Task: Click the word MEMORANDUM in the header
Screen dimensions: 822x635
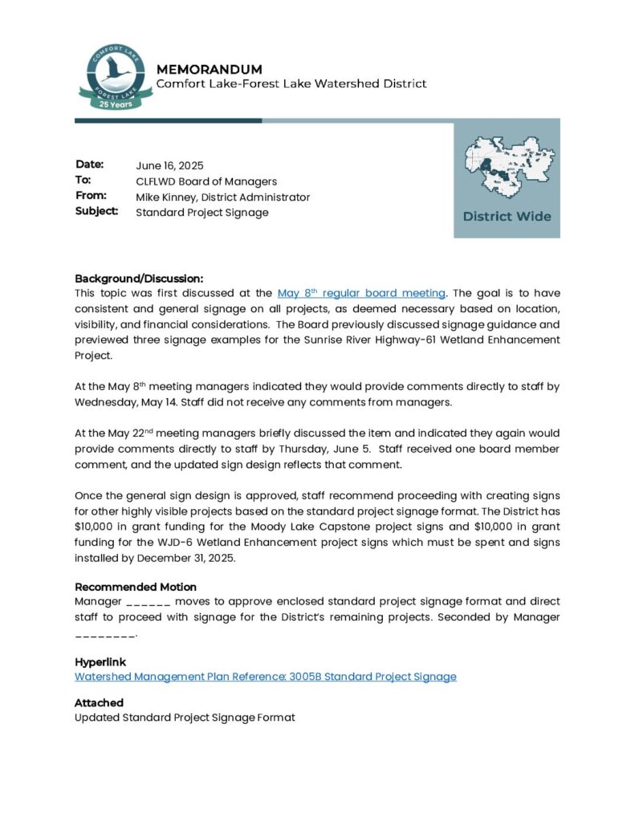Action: point(209,69)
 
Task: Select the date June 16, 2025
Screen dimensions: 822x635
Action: point(169,165)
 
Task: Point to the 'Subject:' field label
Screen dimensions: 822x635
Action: point(96,212)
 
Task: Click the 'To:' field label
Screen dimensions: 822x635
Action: point(83,181)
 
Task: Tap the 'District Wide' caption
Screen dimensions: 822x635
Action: point(507,216)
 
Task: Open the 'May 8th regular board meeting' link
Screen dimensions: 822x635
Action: point(361,294)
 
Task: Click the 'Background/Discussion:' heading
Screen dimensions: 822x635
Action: point(139,278)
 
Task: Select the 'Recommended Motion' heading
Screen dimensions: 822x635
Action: point(136,587)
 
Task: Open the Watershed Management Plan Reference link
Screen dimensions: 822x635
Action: point(265,677)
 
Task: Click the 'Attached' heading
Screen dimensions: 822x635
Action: point(99,702)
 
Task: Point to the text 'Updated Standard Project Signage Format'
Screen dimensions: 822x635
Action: point(185,718)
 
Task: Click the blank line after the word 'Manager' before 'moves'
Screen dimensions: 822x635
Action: point(149,602)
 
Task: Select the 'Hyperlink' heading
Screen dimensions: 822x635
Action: point(100,662)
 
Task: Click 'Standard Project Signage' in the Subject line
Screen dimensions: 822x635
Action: point(201,213)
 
